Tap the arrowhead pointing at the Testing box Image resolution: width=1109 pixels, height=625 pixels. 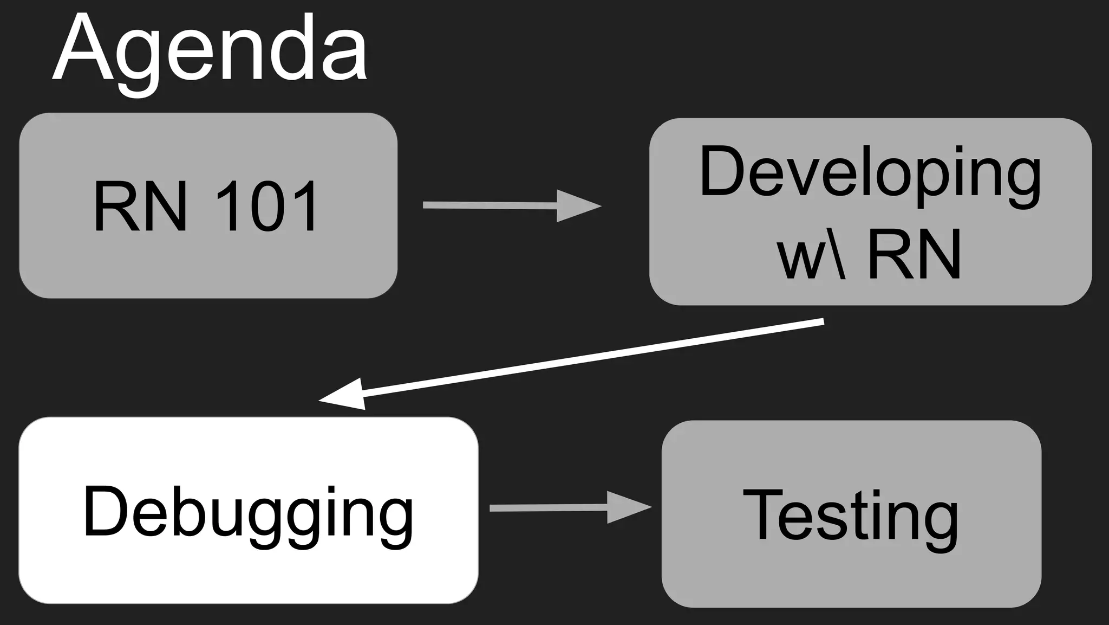[x=628, y=507]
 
